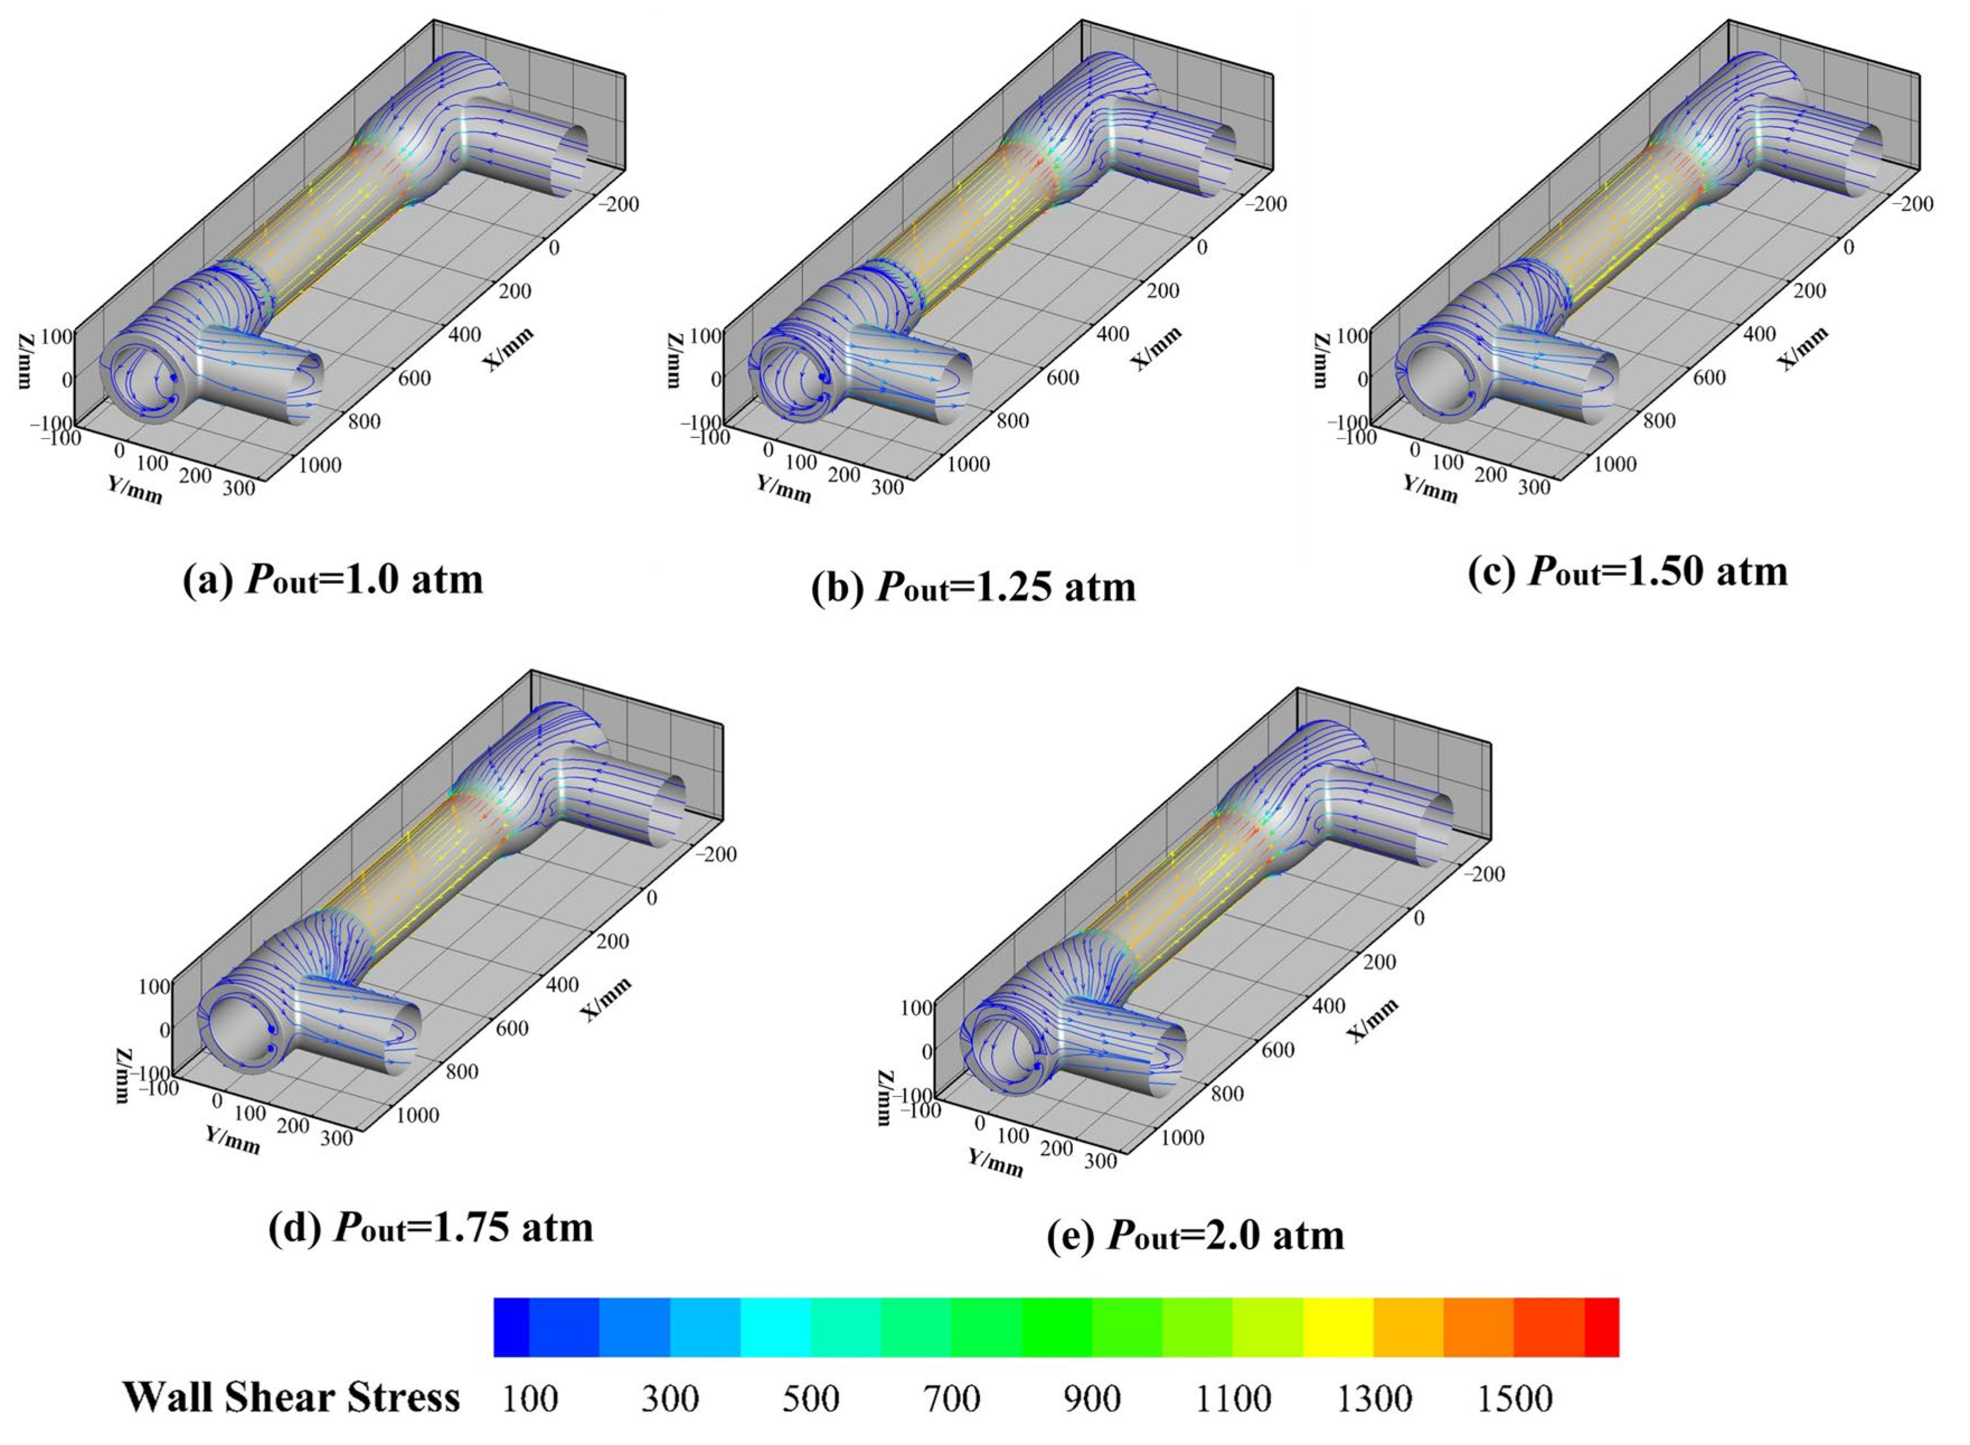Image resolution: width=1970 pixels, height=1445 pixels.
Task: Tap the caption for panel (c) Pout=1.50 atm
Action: (1629, 572)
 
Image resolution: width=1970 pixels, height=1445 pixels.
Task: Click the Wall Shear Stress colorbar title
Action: (291, 1397)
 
